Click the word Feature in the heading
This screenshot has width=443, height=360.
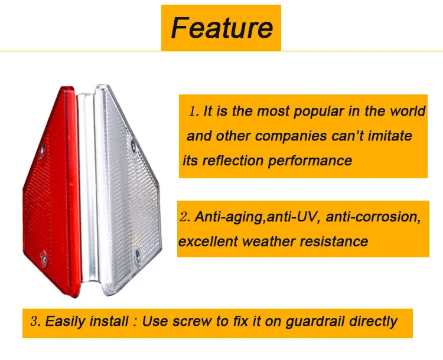coord(221,28)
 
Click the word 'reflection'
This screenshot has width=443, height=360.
coord(236,161)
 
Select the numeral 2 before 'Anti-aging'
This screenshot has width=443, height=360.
coord(184,217)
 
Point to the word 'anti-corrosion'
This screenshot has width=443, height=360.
coord(373,217)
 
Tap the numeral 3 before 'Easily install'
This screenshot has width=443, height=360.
coord(35,322)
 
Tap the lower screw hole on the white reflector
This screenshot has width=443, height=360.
coord(137,254)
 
